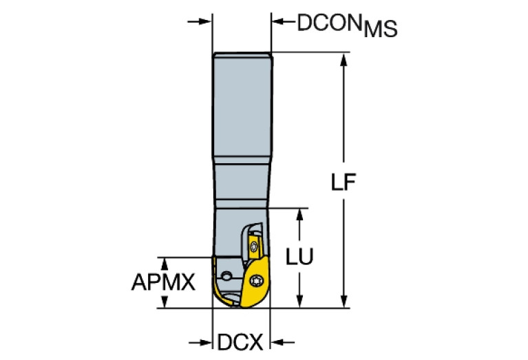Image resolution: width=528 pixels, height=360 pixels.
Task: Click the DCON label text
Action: [329, 23]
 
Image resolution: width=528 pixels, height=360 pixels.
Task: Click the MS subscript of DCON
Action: [381, 29]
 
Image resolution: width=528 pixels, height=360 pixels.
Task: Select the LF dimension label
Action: [343, 182]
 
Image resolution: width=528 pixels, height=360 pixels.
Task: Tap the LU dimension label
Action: [299, 257]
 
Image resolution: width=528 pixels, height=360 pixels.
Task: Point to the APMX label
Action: [163, 282]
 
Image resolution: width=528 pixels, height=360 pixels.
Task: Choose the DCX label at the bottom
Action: [240, 343]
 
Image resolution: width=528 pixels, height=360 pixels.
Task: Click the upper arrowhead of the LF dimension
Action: [344, 60]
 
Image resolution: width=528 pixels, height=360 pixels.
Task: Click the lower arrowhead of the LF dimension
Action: [344, 301]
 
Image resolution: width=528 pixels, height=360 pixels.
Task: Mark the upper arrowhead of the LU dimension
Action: [299, 215]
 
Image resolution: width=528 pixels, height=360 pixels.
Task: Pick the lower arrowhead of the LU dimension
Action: [299, 301]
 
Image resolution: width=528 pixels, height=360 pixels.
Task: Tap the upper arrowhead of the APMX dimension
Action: [165, 264]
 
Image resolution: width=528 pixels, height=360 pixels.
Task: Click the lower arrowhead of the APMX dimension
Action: [165, 301]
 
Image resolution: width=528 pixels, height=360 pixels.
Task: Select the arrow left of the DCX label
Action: [200, 343]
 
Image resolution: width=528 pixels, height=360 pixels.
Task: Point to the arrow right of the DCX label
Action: [282, 343]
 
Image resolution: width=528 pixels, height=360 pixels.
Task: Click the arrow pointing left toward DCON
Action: [284, 21]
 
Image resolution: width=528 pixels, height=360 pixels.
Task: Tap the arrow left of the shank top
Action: [200, 21]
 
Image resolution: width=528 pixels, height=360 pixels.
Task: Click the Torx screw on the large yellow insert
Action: [256, 281]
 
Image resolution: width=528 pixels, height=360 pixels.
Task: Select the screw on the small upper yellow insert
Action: [253, 248]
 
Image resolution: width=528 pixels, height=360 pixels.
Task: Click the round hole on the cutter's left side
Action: [226, 277]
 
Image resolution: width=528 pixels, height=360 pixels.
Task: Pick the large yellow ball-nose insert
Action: [254, 282]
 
